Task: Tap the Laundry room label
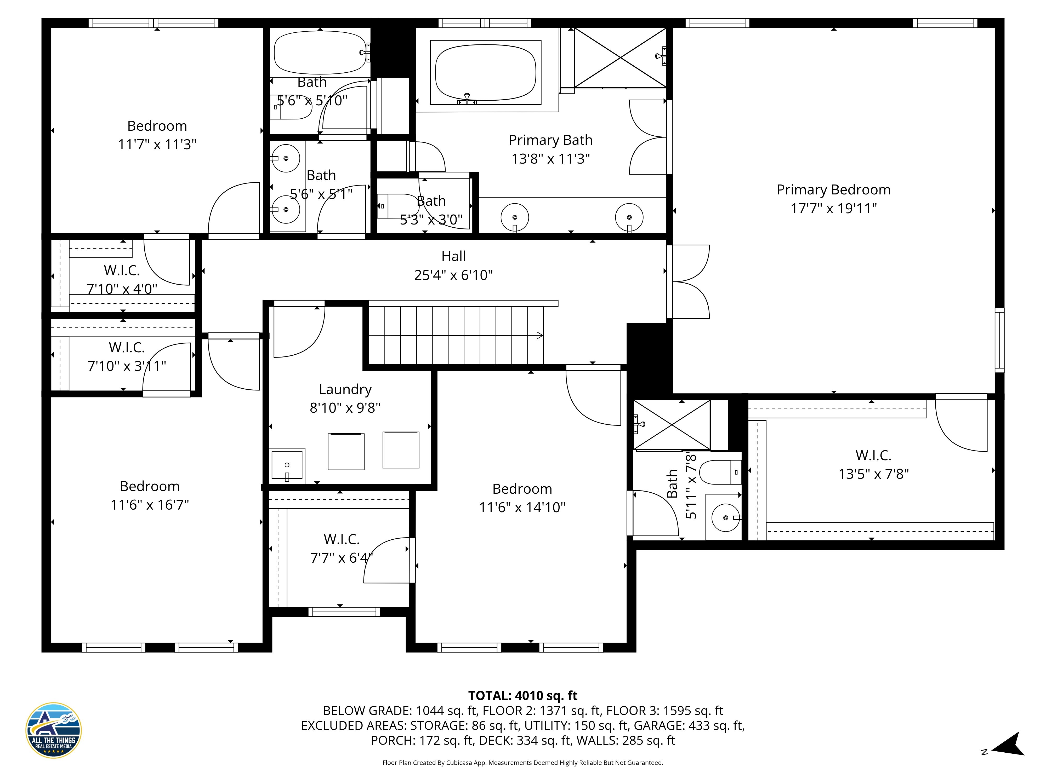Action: click(x=345, y=389)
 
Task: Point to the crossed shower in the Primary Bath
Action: click(x=620, y=58)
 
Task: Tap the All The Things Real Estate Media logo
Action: click(x=53, y=730)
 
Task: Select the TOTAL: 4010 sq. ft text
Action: click(x=522, y=696)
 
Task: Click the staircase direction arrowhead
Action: click(x=539, y=336)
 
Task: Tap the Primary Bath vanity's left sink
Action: click(x=514, y=217)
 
